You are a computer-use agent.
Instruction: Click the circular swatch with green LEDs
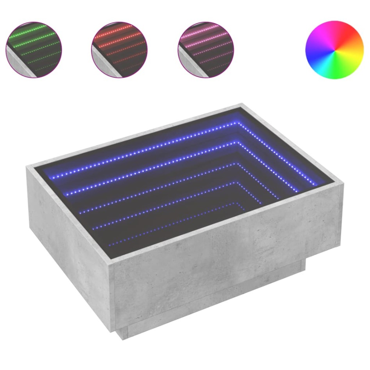point(34,49)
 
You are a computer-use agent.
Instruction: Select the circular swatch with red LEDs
point(119,49)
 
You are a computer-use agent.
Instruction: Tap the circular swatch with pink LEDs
point(205,49)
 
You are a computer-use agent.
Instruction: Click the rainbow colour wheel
point(334,50)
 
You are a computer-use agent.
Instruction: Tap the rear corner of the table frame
point(242,105)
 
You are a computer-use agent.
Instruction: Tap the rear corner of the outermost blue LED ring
point(237,123)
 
